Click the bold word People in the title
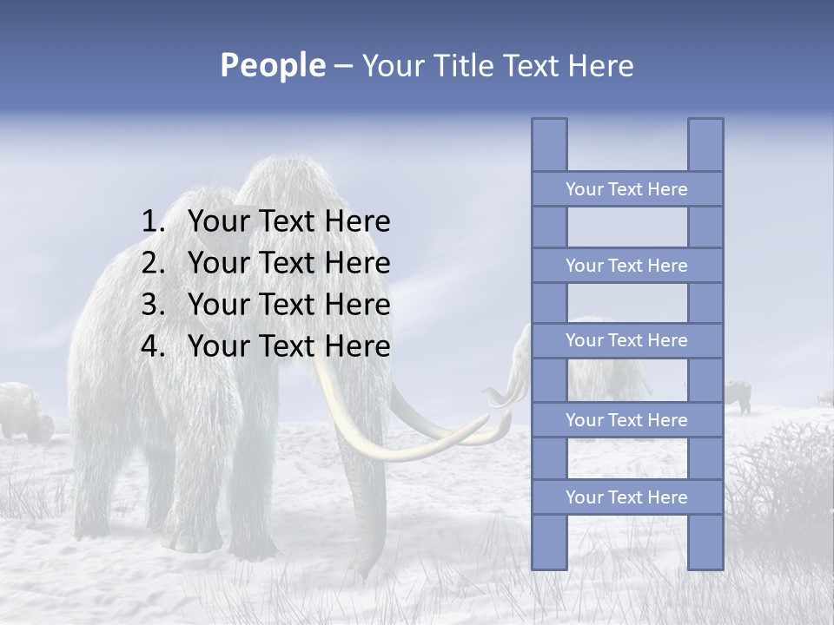[272, 65]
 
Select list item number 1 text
[288, 221]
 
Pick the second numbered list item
[288, 263]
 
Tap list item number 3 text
[288, 305]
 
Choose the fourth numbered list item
[288, 346]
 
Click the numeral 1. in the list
[152, 221]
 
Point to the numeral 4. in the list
[152, 346]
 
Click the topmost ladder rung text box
[626, 189]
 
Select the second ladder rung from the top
[626, 266]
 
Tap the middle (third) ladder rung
[626, 340]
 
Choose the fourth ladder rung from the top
[626, 420]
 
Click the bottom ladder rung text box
[626, 497]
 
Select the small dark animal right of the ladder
[738, 395]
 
